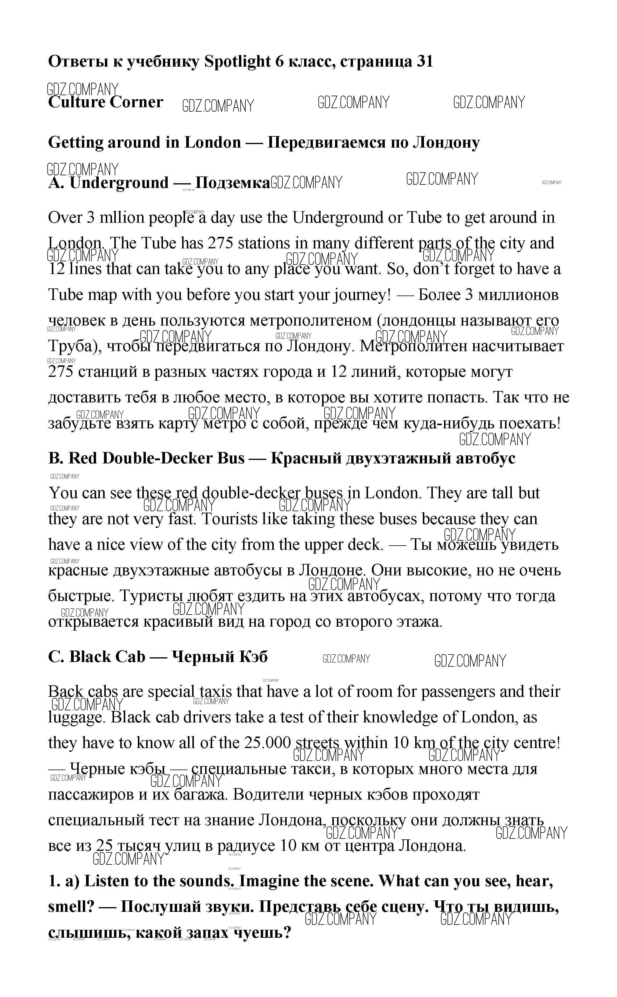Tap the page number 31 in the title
(424, 62)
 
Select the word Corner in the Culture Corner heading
(136, 102)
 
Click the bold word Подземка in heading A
(232, 183)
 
